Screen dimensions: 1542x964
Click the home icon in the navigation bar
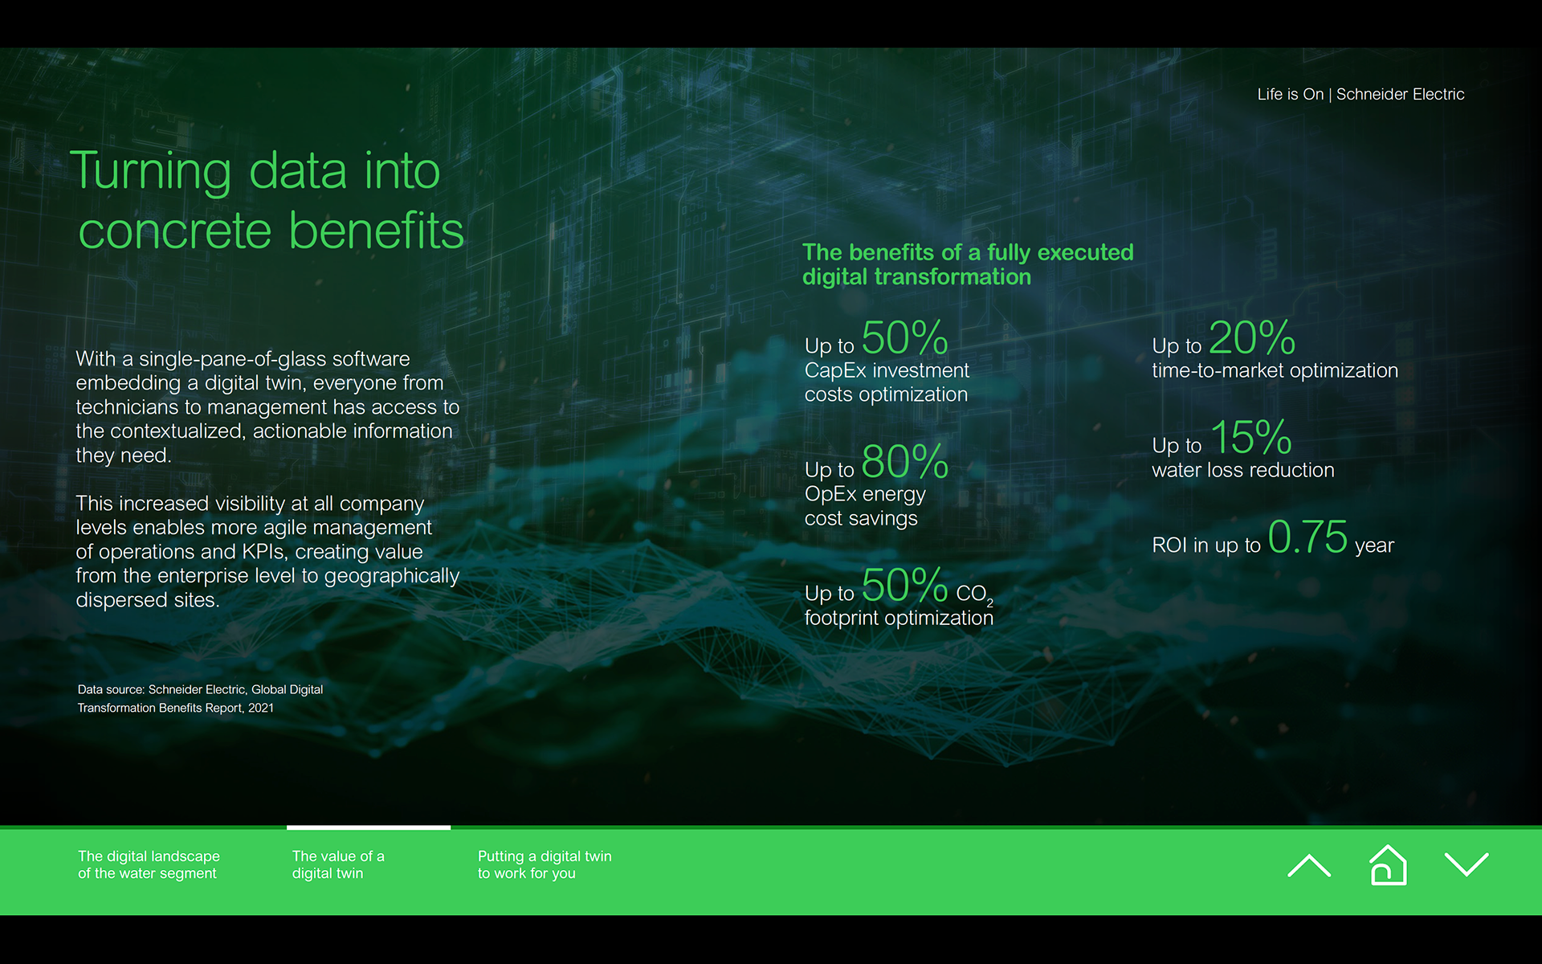click(x=1388, y=865)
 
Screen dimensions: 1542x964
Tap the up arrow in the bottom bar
click(x=1309, y=865)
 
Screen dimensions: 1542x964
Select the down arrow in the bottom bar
click(x=1467, y=865)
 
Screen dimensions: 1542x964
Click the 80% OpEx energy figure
click(x=904, y=461)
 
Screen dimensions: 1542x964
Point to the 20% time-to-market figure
click(x=1252, y=337)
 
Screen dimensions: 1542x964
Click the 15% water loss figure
click(x=1250, y=437)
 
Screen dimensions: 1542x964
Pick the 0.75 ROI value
click(x=1307, y=537)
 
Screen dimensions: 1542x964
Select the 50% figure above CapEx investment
click(x=904, y=337)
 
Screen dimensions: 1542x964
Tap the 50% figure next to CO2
click(x=904, y=585)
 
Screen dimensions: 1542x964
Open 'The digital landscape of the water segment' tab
click(x=149, y=864)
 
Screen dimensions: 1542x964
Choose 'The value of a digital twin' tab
click(x=338, y=864)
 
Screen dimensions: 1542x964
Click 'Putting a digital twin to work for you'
click(x=545, y=864)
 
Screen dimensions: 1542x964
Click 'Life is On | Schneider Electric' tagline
click(x=1360, y=94)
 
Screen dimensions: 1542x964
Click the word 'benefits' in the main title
click(x=376, y=231)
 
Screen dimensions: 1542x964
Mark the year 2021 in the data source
click(x=261, y=708)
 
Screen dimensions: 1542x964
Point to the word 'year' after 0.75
click(x=1374, y=546)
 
